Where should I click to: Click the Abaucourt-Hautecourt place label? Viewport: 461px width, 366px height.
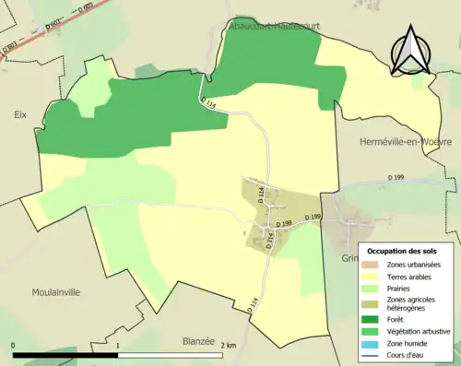(x=273, y=30)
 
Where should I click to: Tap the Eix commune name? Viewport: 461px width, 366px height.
(x=19, y=115)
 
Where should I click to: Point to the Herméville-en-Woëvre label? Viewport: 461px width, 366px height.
(x=405, y=142)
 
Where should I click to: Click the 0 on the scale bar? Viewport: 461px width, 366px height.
(x=14, y=345)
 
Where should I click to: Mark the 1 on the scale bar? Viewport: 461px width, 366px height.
(x=118, y=345)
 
